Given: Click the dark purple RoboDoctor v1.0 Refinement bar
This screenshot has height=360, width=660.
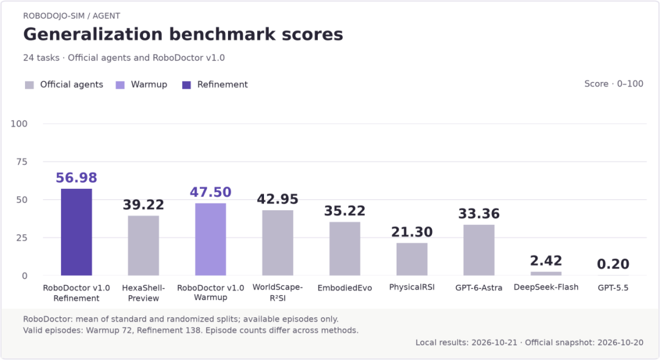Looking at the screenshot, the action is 76,232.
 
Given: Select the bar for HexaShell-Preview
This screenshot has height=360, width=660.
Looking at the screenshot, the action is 144,246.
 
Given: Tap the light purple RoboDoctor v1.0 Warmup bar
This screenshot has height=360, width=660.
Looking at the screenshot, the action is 210,239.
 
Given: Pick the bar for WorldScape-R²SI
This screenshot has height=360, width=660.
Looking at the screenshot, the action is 278,243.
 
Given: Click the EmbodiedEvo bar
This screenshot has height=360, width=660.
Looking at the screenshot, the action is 345,249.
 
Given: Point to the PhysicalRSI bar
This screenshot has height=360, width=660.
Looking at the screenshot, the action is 412,259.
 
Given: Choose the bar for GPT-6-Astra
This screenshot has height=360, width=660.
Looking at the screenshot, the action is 479,250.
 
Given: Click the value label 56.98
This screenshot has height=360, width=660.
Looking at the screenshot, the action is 76,178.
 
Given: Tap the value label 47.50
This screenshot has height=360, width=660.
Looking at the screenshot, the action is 210,192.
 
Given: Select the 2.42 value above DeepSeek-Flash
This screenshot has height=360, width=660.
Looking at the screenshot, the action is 546,260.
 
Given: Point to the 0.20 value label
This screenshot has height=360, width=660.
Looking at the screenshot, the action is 613,264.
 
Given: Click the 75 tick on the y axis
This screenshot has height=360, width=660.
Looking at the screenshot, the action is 22,162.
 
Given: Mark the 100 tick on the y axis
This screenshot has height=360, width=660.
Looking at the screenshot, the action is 19,124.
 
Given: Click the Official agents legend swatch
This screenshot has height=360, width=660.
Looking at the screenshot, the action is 29,85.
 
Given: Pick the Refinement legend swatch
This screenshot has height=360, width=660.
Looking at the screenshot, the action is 186,85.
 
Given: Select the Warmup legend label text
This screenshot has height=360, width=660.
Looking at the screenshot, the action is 149,84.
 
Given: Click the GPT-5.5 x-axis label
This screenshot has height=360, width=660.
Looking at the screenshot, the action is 613,288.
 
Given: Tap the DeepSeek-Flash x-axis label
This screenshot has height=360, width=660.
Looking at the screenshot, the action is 546,287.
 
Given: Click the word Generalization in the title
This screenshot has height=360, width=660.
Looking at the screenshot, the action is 93,34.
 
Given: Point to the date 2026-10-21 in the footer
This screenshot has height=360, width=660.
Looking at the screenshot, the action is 494,343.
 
